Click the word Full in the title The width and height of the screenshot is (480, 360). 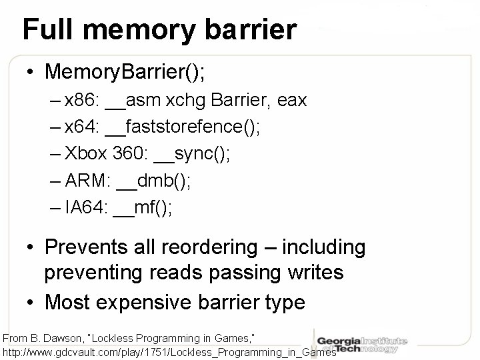[45, 30]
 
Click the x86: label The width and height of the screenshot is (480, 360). [83, 101]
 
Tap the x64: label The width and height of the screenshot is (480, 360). [83, 127]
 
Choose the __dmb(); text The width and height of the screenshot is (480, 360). [149, 181]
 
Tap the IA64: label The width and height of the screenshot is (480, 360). [85, 207]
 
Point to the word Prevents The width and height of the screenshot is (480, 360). [87, 247]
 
